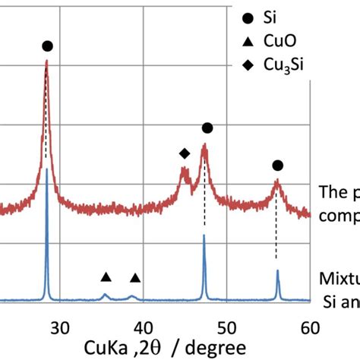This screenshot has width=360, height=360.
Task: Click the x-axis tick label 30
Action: [x=59, y=327]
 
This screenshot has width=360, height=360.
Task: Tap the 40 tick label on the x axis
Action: [x=142, y=327]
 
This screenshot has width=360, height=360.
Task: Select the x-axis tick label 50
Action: [x=226, y=327]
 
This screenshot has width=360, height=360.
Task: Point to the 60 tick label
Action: [x=308, y=327]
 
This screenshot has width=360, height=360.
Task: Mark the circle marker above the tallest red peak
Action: [x=48, y=46]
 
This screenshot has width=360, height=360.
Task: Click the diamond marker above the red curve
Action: [x=184, y=153]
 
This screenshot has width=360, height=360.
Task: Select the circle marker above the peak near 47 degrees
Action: [x=207, y=128]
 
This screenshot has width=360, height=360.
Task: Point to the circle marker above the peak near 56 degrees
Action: [x=277, y=166]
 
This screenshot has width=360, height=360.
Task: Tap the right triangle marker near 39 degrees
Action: [x=135, y=278]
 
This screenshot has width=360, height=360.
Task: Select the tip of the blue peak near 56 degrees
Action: [x=277, y=270]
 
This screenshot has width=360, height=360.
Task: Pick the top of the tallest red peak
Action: [x=46, y=62]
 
